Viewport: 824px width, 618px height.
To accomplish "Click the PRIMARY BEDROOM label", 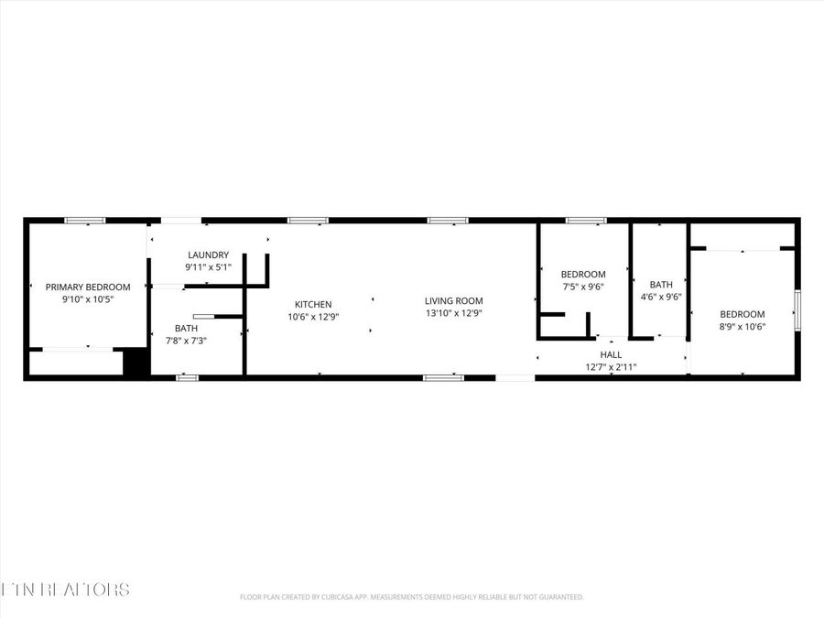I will point(88,287).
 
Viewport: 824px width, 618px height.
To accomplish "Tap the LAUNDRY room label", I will point(208,255).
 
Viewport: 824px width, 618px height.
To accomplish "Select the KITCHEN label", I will point(313,304).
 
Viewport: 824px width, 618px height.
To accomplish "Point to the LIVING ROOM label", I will point(453,300).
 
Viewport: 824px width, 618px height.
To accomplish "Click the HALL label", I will point(611,354).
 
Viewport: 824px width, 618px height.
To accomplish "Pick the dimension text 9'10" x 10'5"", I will point(88,299).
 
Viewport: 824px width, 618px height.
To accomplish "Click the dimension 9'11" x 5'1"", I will point(208,267).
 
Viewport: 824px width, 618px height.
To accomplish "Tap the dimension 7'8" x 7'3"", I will point(186,341).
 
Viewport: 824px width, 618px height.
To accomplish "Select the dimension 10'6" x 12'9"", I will point(313,317).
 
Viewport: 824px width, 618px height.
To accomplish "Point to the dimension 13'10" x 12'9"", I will point(453,313).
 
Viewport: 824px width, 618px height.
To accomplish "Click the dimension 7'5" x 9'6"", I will point(583,287).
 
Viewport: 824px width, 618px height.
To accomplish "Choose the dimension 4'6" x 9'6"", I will point(660,297).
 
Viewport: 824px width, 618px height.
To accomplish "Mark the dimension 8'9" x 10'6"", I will point(742,327).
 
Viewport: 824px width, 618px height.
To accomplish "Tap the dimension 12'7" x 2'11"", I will point(611,367).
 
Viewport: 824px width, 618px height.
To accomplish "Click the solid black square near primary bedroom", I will point(136,363).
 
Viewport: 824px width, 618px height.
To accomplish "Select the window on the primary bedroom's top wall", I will point(84,221).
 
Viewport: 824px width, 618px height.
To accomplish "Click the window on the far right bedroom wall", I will point(797,309).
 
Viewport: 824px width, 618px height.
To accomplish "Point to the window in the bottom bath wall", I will point(187,377).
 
